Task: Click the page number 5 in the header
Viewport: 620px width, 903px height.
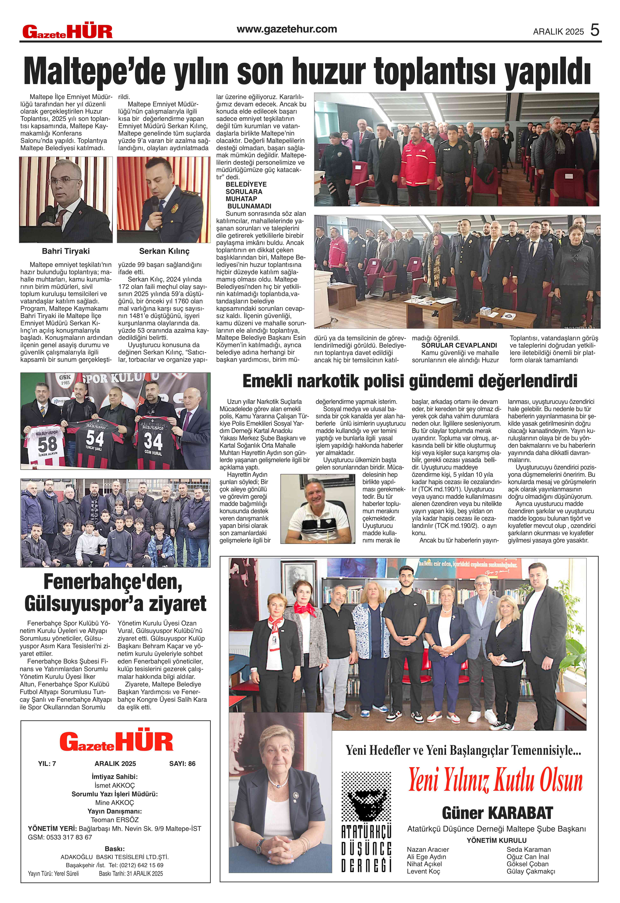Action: pos(595,30)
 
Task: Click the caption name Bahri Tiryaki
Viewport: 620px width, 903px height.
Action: pos(66,251)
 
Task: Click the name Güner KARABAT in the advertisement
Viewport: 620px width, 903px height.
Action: pos(497,813)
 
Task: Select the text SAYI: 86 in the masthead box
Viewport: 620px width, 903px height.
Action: pos(182,764)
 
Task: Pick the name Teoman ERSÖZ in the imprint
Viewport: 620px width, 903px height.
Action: pos(115,820)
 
